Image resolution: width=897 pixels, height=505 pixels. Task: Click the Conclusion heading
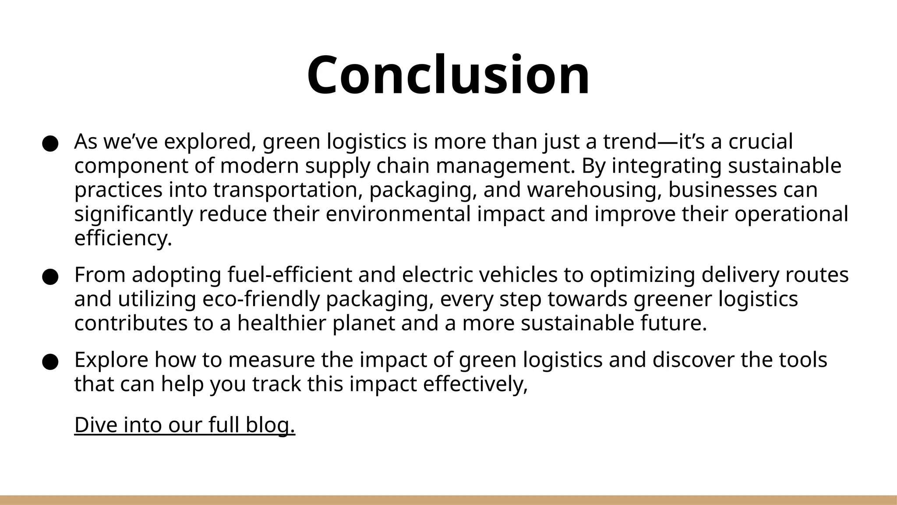coord(448,75)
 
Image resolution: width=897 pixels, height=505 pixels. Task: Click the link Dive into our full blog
coord(185,425)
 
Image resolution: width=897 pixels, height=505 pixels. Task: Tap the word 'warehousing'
coord(593,190)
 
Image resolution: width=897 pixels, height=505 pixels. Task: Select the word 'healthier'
coord(282,324)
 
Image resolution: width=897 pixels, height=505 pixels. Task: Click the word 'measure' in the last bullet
coord(271,360)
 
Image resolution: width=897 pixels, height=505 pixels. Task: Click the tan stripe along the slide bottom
coord(448,500)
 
